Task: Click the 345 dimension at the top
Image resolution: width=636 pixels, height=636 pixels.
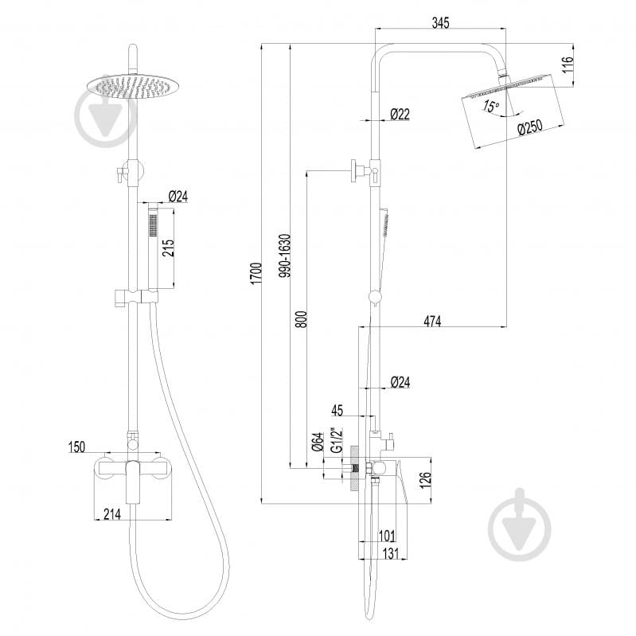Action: (x=440, y=23)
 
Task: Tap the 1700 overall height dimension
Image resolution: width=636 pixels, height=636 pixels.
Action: (x=256, y=273)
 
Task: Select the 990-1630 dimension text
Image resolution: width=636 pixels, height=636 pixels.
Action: (x=286, y=256)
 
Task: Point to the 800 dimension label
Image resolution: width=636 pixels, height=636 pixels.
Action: (x=301, y=319)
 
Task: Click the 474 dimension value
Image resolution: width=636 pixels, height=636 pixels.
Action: (x=432, y=322)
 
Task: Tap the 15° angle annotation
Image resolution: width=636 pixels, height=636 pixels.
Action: (x=491, y=106)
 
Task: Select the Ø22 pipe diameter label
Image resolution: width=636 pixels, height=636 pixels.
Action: (x=400, y=114)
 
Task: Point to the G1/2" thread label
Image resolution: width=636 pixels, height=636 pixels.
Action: (x=337, y=440)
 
